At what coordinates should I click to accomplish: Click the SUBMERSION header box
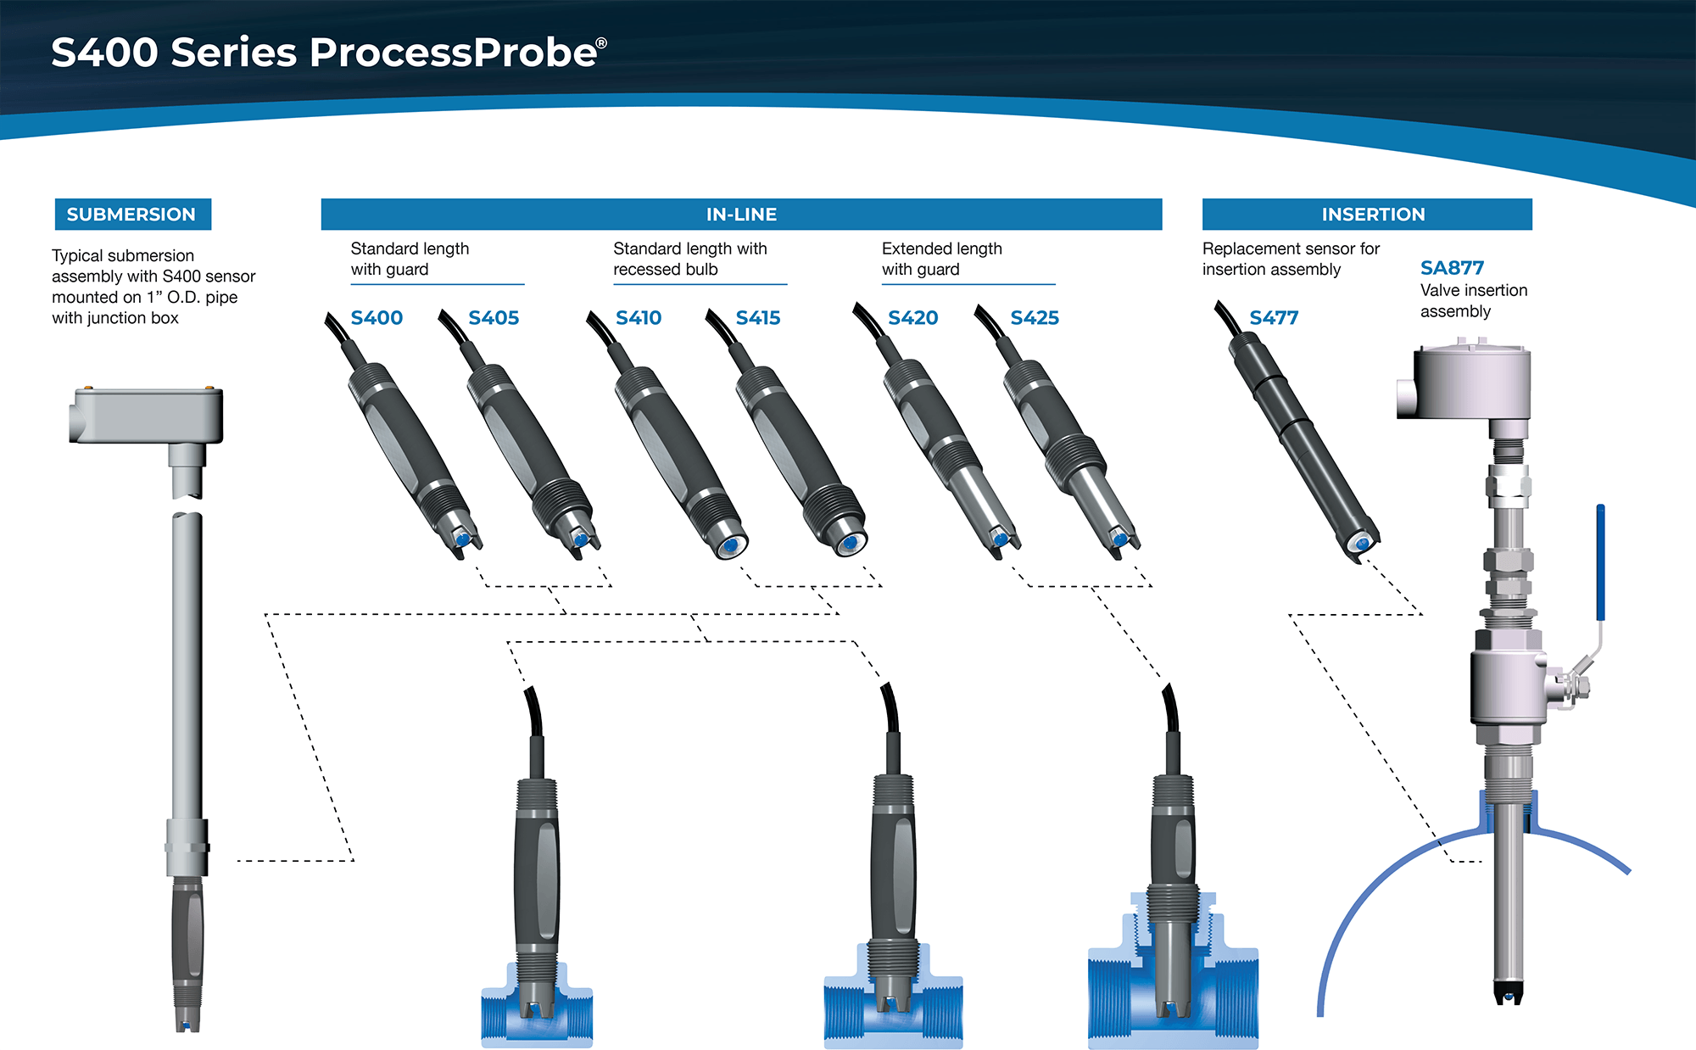coord(133,215)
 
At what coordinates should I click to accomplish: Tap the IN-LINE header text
coord(741,215)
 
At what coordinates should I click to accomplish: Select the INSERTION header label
coord(1373,215)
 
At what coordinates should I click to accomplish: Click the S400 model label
coord(377,318)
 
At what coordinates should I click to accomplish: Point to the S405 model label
coord(494,318)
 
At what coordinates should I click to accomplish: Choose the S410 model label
coord(639,318)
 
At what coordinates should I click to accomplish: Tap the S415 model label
coord(758,318)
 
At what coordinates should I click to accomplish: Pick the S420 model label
coord(913,318)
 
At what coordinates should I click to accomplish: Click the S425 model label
coord(1035,318)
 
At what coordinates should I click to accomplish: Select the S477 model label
coord(1274,318)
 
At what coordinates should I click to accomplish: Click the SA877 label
coord(1452,268)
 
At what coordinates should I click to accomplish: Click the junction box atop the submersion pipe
coord(147,415)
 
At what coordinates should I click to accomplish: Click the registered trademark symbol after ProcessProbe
coord(601,43)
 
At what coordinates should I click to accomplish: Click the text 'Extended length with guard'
coord(942,259)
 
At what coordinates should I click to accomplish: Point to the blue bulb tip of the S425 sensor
coord(1119,539)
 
